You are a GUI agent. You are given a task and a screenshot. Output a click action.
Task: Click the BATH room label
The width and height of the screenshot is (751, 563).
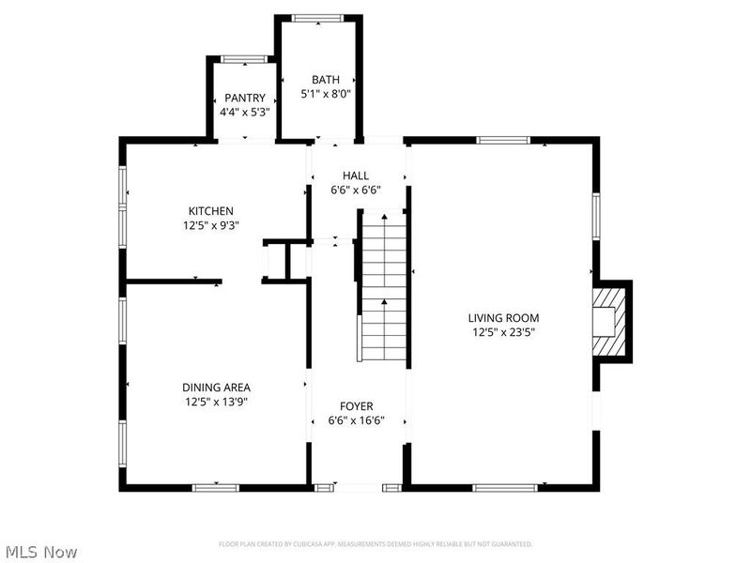pyautogui.click(x=326, y=81)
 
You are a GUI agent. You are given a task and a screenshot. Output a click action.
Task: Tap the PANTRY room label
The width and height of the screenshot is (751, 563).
pyautogui.click(x=244, y=99)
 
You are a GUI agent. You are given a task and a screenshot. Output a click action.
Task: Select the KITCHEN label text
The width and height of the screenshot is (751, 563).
pyautogui.click(x=210, y=211)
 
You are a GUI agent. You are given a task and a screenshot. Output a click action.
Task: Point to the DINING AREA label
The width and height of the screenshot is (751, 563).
pyautogui.click(x=216, y=387)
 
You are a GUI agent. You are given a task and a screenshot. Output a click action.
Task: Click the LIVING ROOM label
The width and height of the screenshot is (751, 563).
pyautogui.click(x=504, y=318)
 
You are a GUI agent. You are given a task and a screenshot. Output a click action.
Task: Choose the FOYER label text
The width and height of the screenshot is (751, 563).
pyautogui.click(x=356, y=406)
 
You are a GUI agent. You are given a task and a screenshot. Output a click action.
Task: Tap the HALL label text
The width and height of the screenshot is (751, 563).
pyautogui.click(x=356, y=175)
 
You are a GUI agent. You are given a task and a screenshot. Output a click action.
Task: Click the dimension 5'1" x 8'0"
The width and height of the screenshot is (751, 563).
pyautogui.click(x=326, y=95)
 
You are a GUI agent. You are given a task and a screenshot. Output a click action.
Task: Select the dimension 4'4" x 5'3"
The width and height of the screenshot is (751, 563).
pyautogui.click(x=244, y=113)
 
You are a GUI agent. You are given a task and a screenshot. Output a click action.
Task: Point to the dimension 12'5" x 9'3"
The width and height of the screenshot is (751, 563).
pyautogui.click(x=210, y=225)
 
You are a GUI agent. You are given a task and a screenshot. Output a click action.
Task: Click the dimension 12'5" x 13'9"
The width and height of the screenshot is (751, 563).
pyautogui.click(x=216, y=402)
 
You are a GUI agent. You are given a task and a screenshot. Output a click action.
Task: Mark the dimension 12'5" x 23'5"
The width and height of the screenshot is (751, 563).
pyautogui.click(x=504, y=332)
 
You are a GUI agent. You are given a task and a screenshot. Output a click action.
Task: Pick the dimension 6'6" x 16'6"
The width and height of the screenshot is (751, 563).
pyautogui.click(x=356, y=421)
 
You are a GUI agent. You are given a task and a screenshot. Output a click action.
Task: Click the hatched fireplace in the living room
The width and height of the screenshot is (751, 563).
pyautogui.click(x=608, y=322)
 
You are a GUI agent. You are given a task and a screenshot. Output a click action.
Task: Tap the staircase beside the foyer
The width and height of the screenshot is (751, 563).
pyautogui.click(x=383, y=291)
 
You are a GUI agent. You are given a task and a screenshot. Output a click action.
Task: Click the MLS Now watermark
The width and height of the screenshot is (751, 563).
pyautogui.click(x=40, y=552)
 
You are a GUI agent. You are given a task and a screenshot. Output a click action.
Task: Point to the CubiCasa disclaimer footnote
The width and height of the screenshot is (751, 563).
pyautogui.click(x=375, y=544)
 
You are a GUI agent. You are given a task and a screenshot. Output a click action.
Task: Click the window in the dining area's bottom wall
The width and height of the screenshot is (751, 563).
pyautogui.click(x=216, y=487)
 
